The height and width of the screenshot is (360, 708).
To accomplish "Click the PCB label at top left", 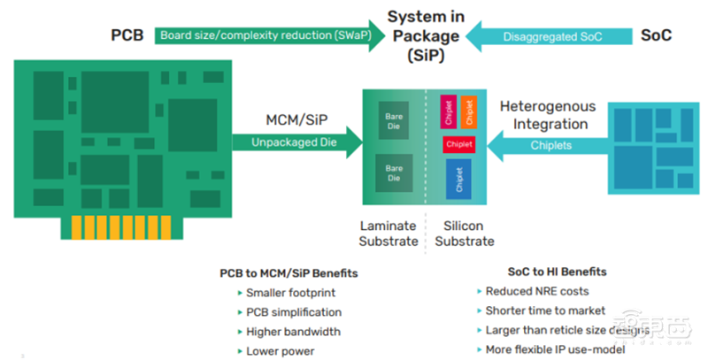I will tap(126, 37).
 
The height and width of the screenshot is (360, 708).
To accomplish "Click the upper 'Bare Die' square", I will tap(393, 120).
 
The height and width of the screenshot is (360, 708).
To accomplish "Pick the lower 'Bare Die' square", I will tap(393, 172).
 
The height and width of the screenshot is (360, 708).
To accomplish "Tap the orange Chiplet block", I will tap(469, 111).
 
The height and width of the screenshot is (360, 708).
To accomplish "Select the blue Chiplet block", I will tap(459, 180).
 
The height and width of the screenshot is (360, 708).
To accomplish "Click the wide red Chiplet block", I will tap(459, 144).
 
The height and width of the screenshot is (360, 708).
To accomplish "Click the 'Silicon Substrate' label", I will tap(464, 234).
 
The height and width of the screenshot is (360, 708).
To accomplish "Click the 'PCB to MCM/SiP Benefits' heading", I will tap(288, 272).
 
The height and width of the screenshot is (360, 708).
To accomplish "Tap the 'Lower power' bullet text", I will tap(281, 351).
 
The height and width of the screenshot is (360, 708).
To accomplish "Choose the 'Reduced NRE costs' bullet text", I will tap(537, 291).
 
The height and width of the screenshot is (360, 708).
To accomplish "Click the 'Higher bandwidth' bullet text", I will tap(294, 332).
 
